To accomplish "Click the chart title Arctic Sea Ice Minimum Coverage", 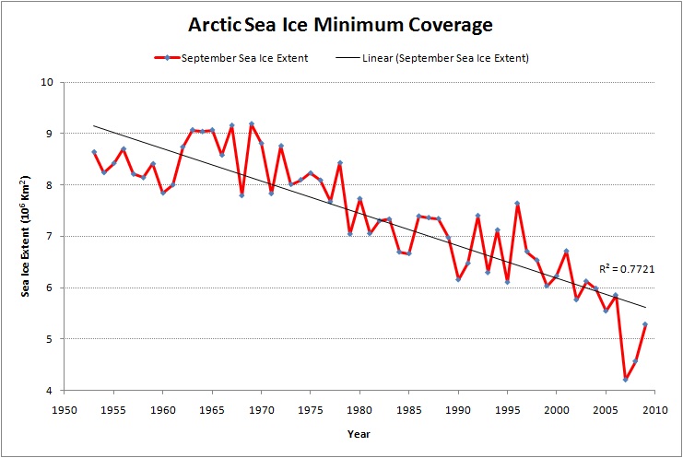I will (x=341, y=24).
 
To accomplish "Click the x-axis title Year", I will (x=359, y=433).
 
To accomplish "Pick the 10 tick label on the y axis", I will (x=49, y=82).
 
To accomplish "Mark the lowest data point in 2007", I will (x=626, y=380).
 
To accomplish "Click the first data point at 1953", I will (x=94, y=152).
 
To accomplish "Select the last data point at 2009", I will (x=645, y=324).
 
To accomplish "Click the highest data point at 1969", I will (x=252, y=123).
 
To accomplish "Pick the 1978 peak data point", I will (x=340, y=163).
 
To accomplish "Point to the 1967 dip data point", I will (x=241, y=195).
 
